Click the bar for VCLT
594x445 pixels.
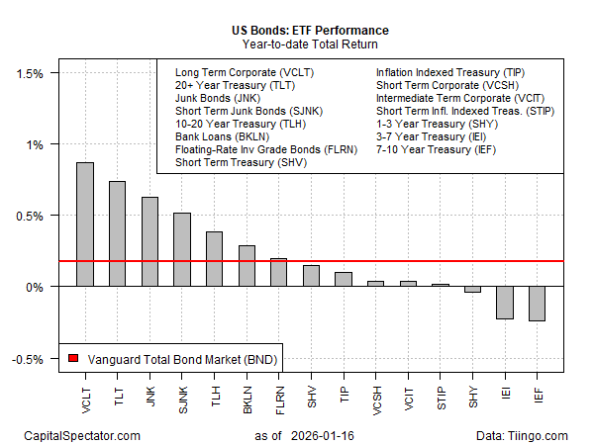85,224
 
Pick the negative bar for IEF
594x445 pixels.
537,304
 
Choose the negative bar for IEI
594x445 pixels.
505,303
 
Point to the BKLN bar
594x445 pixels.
247,266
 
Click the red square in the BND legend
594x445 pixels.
72,359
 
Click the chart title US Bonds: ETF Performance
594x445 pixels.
297,30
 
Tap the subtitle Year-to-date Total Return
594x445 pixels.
297,44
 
